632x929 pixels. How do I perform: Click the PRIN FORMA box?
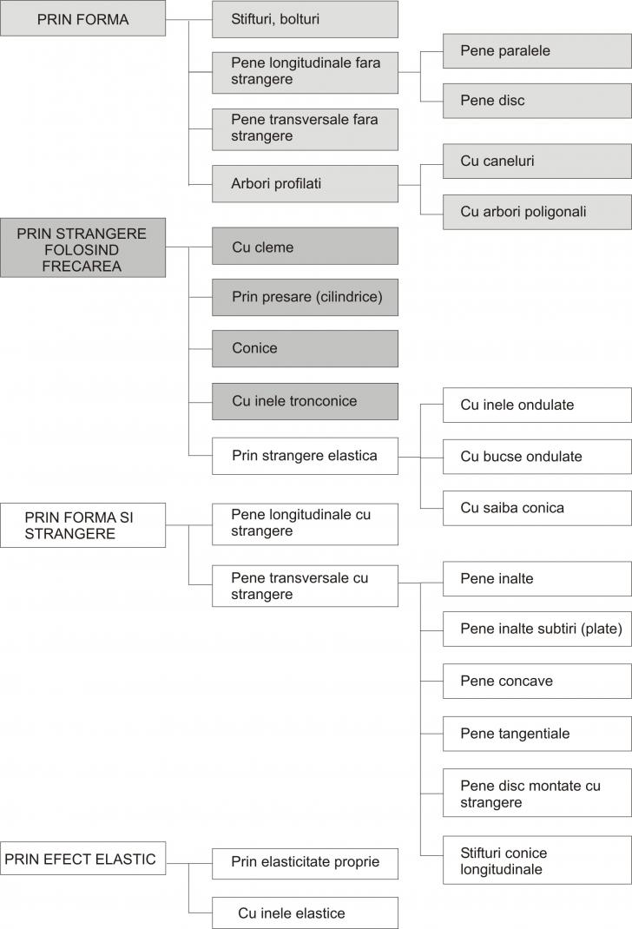pos(83,18)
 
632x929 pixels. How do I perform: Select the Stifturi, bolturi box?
pos(305,19)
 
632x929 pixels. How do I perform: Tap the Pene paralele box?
pos(537,51)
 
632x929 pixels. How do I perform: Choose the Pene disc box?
pos(537,101)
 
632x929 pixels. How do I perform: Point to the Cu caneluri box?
pos(537,161)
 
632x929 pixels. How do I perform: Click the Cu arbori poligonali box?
pos(537,212)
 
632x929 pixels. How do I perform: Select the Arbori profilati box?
pos(305,184)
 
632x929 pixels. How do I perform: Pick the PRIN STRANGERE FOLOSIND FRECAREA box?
pos(83,247)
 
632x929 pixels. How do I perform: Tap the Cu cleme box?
pos(305,246)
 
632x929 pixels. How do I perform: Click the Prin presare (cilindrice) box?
pos(305,298)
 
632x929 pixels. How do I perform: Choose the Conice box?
pos(305,349)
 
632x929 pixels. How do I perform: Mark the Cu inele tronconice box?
pos(305,402)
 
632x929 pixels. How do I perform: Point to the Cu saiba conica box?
pos(537,508)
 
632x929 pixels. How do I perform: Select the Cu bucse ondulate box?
pos(537,457)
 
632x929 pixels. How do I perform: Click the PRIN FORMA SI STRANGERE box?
pos(83,525)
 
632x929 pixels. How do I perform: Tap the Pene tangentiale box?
pos(537,734)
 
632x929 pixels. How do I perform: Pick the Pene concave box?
pos(537,682)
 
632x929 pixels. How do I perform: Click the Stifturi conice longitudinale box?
pos(537,860)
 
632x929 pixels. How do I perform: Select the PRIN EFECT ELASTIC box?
pos(83,859)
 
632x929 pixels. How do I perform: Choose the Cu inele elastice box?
pos(305,913)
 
